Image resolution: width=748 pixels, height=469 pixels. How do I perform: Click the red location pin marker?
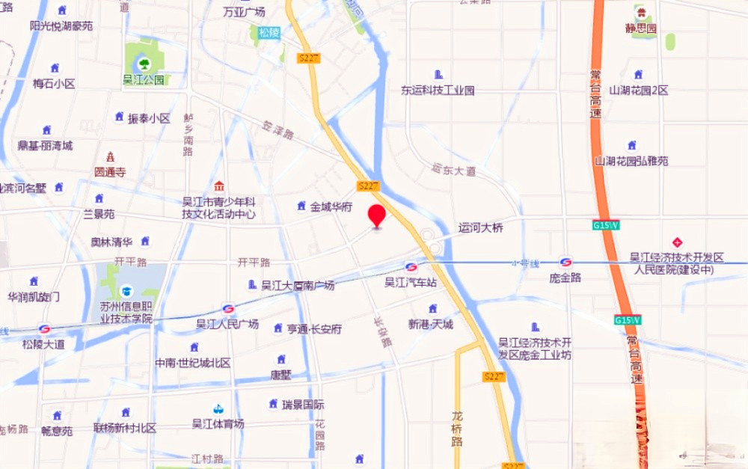377,215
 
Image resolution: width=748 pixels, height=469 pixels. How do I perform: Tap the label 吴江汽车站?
411,283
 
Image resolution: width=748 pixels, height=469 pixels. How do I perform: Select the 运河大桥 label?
481,228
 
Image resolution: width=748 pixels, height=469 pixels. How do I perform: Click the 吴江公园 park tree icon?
143,64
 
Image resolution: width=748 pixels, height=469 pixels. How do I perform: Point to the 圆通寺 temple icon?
111,157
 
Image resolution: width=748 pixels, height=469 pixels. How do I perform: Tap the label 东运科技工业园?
438,91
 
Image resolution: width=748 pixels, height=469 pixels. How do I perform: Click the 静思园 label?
641,29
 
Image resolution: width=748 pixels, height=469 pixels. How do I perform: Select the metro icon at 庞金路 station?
565,262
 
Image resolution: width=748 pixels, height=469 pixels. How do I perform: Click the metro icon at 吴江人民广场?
228,309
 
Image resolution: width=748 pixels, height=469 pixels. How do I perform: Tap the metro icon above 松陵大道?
44,329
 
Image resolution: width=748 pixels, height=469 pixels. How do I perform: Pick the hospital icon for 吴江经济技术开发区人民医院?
678,242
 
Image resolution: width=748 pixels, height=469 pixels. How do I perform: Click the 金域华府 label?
331,206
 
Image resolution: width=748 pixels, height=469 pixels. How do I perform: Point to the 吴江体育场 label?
218,423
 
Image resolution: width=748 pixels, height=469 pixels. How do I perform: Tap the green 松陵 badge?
269,33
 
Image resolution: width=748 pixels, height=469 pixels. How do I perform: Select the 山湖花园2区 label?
638,91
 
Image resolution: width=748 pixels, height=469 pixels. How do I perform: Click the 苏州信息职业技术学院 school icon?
126,290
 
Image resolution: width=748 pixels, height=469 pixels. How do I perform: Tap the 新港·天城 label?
431,324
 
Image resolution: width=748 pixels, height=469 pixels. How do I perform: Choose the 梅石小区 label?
54,84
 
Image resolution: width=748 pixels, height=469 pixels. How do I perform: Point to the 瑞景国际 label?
303,405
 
